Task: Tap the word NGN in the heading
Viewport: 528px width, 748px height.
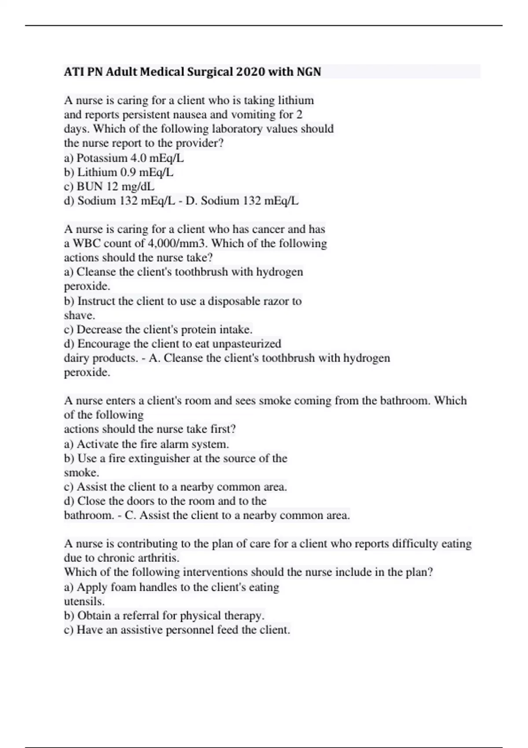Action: (308, 72)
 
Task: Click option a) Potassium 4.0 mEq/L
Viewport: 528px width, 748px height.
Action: (124, 158)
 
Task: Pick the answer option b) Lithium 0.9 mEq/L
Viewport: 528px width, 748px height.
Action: (119, 172)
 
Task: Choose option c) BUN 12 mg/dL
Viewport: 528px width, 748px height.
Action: (109, 187)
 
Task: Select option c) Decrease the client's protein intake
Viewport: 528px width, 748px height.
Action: (158, 330)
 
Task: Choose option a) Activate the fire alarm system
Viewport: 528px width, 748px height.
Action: (147, 444)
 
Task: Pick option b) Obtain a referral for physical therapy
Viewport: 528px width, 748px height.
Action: (164, 616)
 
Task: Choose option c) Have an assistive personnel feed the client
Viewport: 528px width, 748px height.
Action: (177, 630)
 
